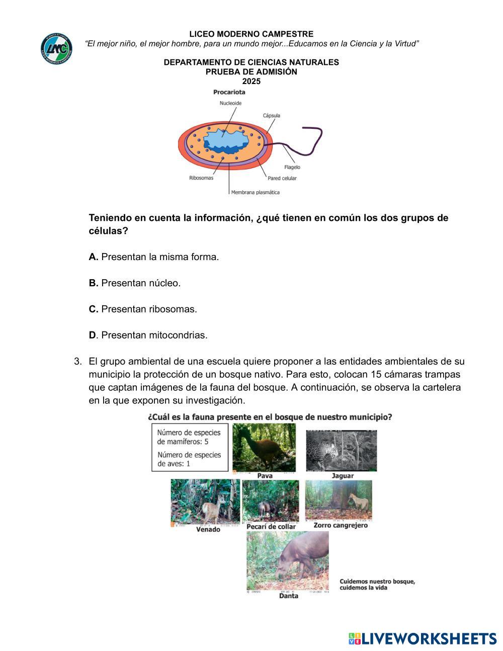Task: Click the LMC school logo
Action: pos(56,49)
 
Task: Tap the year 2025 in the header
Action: pos(251,82)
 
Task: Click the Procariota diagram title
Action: pos(229,92)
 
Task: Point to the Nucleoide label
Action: pos(230,103)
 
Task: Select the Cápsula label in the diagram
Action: pos(272,116)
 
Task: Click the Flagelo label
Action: pos(292,167)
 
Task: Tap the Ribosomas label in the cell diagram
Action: pos(201,178)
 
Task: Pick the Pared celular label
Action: pos(282,178)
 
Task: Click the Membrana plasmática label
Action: pos(255,192)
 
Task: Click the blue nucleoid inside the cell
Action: pos(226,141)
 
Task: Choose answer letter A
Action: pos(93,257)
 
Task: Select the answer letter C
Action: pos(93,309)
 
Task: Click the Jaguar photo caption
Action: pos(343,476)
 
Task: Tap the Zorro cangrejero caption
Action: pos(341,525)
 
